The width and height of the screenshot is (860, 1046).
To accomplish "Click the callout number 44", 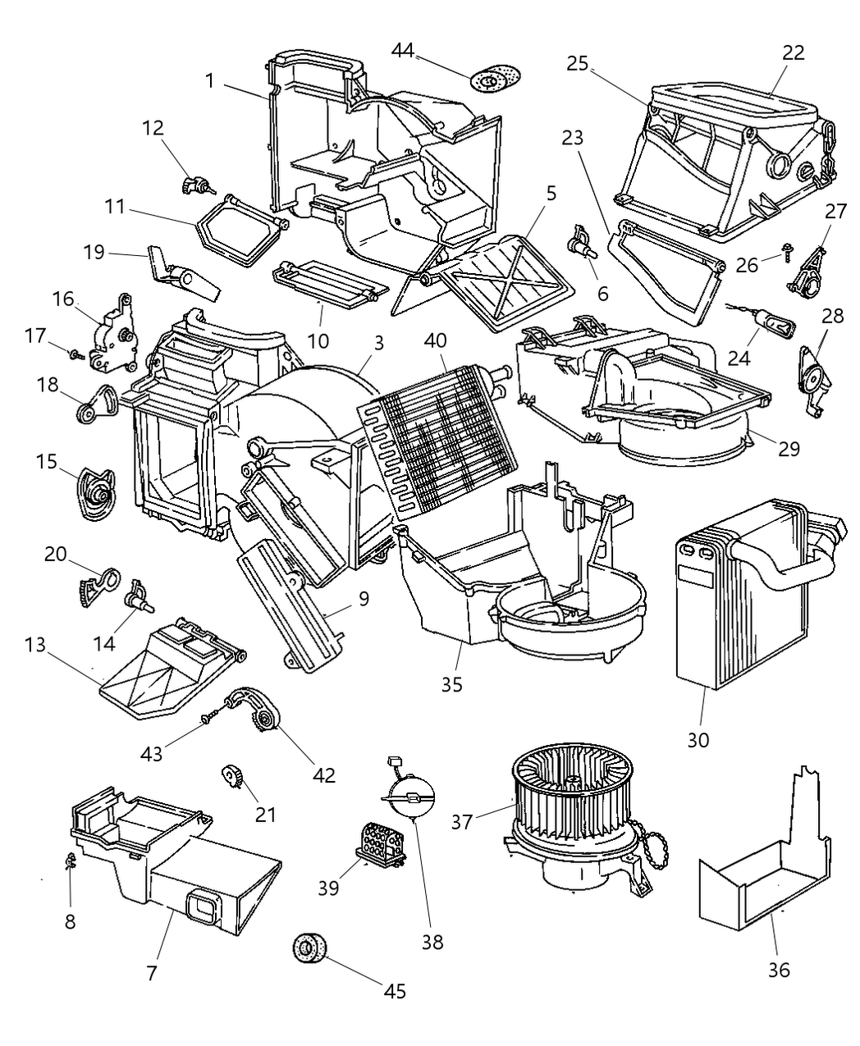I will (402, 51).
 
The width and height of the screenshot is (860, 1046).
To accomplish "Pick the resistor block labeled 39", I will (380, 843).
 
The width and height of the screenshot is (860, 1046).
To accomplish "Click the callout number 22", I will (793, 52).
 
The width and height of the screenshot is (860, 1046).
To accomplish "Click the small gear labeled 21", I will (230, 776).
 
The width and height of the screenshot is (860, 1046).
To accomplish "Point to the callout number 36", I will (778, 970).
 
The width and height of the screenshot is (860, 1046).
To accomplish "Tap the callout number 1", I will (210, 81).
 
